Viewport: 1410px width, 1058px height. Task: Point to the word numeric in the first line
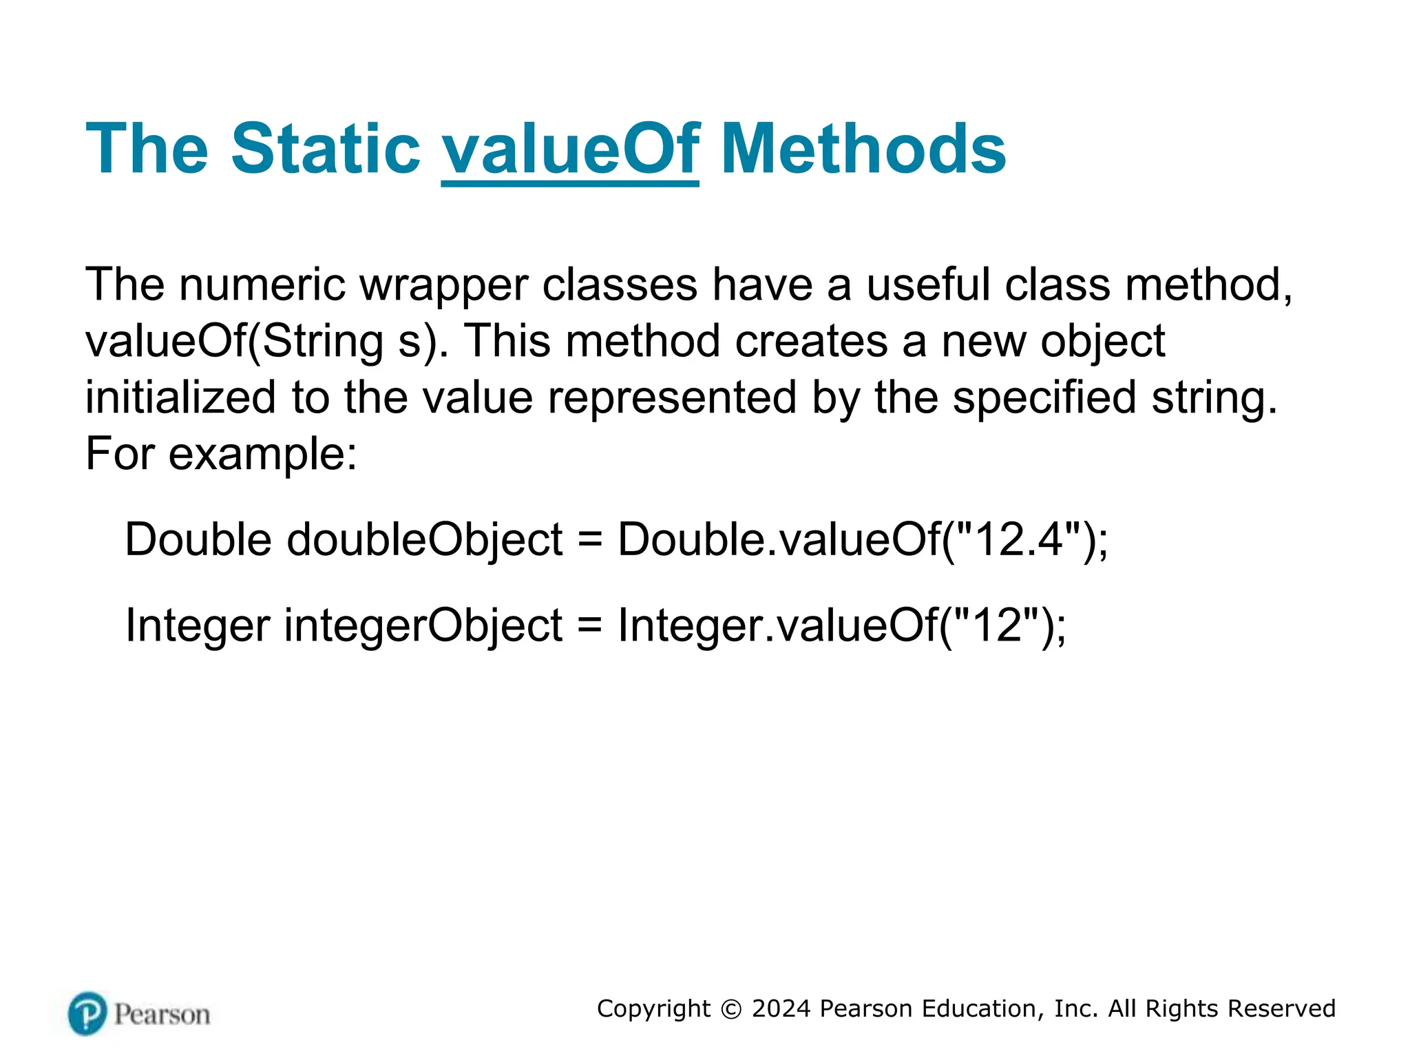click(x=262, y=285)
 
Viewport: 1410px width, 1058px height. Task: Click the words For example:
click(x=221, y=455)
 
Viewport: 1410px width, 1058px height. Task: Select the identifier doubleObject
click(x=425, y=540)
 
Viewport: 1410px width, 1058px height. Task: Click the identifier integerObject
click(x=423, y=625)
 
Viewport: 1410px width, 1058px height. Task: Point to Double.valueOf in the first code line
click(x=778, y=539)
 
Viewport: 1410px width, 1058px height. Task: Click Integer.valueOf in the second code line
click(x=777, y=625)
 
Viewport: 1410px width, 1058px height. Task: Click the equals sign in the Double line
click(x=590, y=540)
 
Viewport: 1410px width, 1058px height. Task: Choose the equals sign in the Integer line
click(x=590, y=625)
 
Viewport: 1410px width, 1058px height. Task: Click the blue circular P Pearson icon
click(x=88, y=1013)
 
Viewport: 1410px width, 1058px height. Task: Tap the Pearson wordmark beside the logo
click(x=162, y=1015)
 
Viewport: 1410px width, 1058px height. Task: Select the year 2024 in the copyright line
click(x=781, y=1008)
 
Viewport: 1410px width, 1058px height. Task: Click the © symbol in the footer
click(x=731, y=1009)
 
